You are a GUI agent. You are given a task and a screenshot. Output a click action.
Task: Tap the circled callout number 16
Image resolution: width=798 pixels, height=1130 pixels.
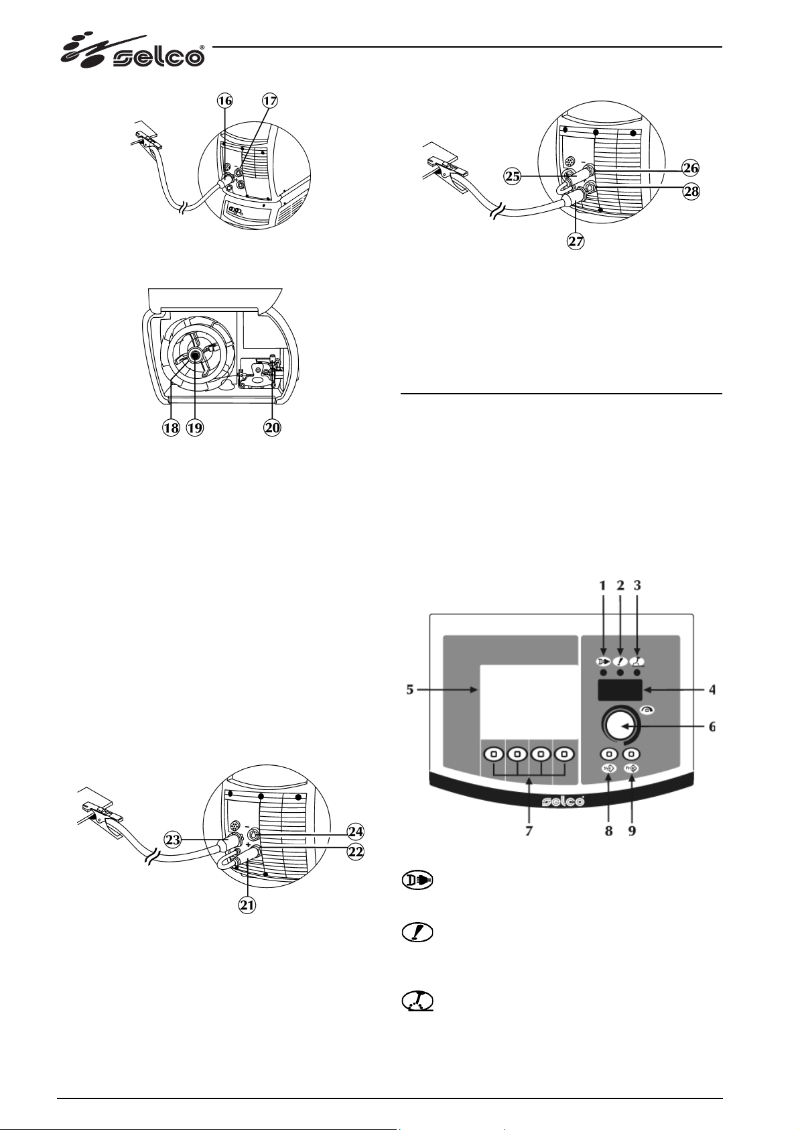[225, 101]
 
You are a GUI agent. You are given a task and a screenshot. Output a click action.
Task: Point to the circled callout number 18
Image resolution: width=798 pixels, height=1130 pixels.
[172, 428]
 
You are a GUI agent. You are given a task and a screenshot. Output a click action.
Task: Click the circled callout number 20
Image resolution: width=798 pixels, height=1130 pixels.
[272, 428]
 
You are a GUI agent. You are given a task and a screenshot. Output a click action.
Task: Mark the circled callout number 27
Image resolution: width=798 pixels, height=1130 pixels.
[576, 241]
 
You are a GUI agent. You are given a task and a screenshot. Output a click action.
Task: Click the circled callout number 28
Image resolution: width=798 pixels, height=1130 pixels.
[690, 192]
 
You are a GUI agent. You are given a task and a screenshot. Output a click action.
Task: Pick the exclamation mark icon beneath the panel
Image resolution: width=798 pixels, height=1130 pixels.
[417, 933]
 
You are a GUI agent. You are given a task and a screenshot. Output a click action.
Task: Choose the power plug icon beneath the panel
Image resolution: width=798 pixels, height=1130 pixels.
[417, 880]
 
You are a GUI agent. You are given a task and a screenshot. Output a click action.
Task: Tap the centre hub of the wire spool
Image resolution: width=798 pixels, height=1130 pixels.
[196, 357]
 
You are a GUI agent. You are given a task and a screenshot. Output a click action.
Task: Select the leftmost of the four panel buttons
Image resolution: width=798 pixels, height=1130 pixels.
[494, 754]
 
